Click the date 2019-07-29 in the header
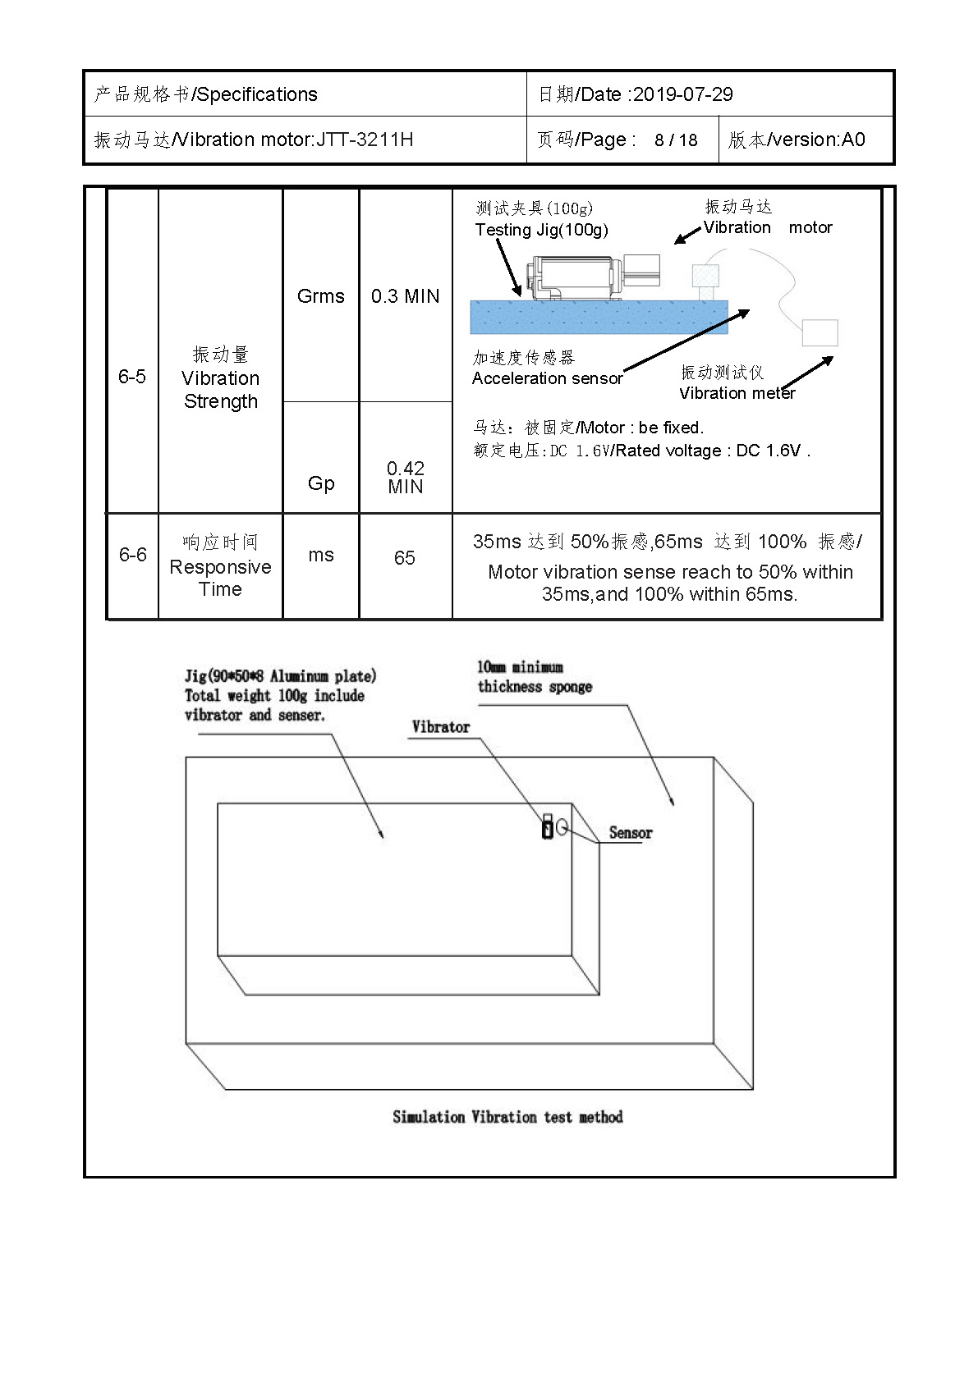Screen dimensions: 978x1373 [x=683, y=94]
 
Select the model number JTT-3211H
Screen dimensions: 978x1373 [x=365, y=140]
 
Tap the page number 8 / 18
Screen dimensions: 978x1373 [x=676, y=140]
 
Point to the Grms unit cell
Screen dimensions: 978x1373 [x=321, y=296]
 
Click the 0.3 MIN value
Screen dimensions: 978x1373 [x=406, y=296]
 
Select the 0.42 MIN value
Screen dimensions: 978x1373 [x=406, y=478]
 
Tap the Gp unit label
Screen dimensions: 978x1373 [x=321, y=483]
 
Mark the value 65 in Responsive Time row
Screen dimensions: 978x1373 [x=405, y=557]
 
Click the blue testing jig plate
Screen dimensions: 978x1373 [x=599, y=317]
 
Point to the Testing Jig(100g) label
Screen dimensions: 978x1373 [x=541, y=230]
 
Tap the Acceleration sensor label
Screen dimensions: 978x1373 [x=547, y=378]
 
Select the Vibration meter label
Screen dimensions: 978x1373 [x=737, y=393]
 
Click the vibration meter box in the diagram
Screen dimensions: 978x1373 [x=820, y=333]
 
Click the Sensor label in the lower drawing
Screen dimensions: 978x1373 [x=631, y=832]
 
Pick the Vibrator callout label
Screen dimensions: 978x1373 [x=440, y=727]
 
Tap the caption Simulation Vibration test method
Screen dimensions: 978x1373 [x=507, y=1117]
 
